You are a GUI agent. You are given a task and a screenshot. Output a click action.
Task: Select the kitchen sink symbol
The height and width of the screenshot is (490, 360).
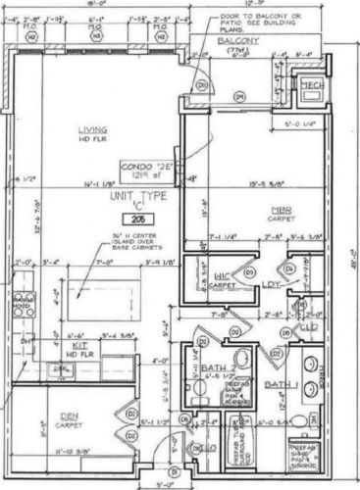[62, 368]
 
